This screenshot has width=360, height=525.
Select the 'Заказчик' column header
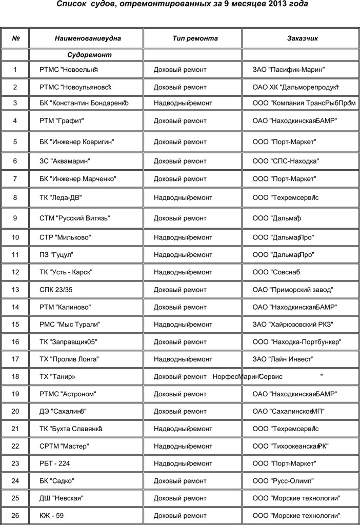point(303,38)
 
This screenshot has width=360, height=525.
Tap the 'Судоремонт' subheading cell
point(89,54)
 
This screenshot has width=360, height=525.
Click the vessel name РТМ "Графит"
point(62,121)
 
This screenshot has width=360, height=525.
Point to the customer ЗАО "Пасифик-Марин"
point(289,69)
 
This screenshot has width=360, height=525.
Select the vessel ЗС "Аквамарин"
point(65,161)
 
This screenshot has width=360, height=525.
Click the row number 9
point(15,218)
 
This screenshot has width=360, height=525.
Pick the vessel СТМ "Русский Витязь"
point(75,218)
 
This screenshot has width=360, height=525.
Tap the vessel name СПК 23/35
point(56,290)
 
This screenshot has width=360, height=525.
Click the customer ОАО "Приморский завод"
point(293,290)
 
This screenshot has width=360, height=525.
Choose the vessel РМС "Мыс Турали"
point(70,324)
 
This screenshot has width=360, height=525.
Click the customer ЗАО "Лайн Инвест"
point(283,359)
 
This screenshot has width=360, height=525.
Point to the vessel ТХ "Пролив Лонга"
point(69,359)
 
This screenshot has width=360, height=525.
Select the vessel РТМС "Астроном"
point(68,394)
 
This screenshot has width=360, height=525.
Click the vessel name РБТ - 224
point(54,463)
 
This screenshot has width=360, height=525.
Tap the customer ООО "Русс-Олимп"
point(283,481)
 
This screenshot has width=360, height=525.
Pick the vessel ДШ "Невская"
point(62,498)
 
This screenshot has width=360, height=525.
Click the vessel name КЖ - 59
point(51,515)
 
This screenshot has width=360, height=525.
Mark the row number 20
point(15,411)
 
